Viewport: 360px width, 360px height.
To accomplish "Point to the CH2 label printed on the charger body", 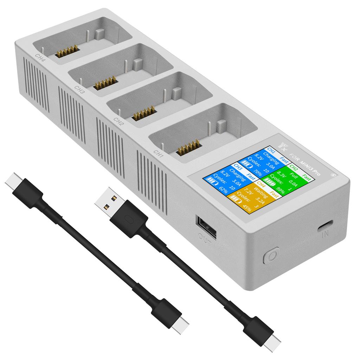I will coord(118,121).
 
